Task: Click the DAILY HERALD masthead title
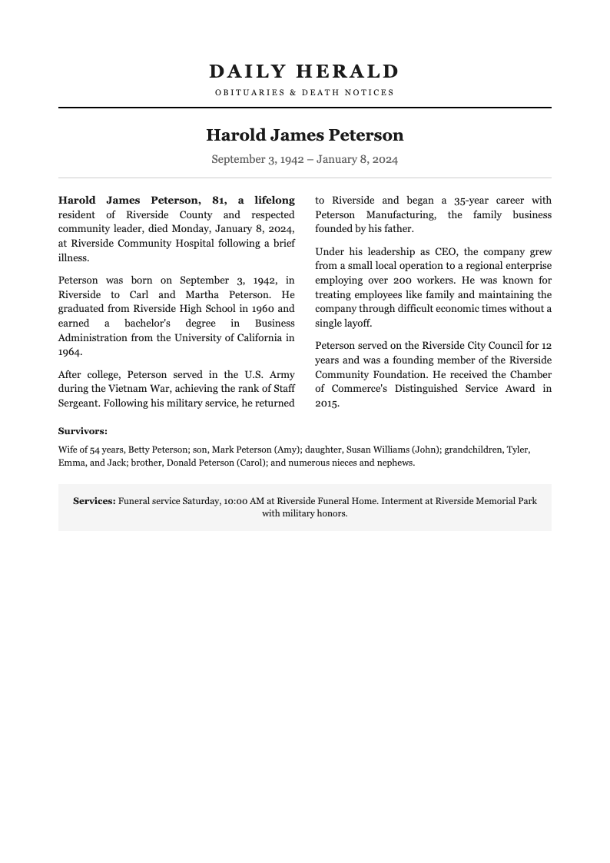[x=304, y=71]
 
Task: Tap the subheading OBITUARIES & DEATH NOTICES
[x=304, y=92]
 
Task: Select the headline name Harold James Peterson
[x=304, y=135]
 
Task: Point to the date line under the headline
[x=304, y=160]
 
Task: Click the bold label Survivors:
[x=83, y=431]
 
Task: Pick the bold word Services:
[x=94, y=501]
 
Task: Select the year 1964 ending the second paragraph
[x=69, y=352]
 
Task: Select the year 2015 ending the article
[x=327, y=403]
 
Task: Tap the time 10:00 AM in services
[x=244, y=501]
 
